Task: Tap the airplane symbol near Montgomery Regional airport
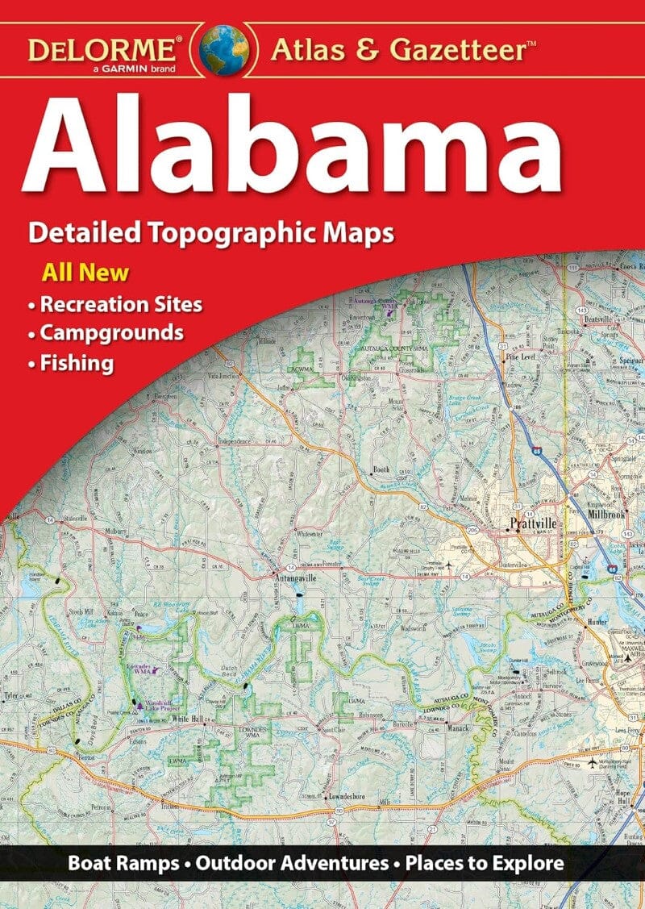[594, 762]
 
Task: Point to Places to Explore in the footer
[485, 862]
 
